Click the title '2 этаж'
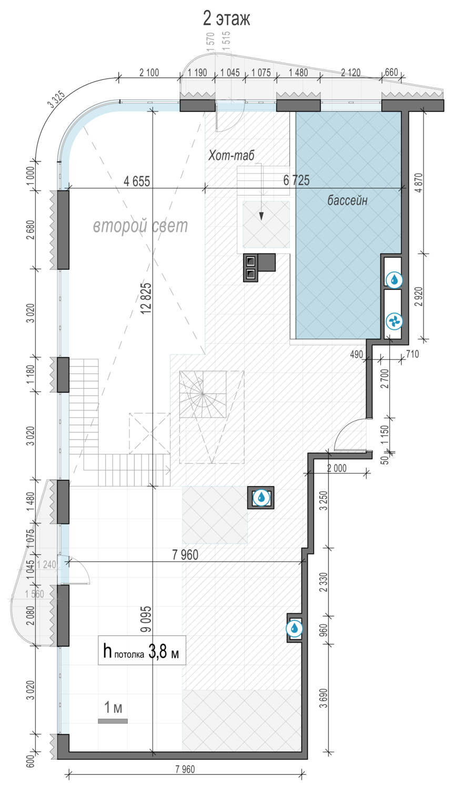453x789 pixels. [x=226, y=19]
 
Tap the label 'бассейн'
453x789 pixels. [x=347, y=200]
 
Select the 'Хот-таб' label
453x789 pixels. [x=231, y=155]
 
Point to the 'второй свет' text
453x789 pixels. [x=140, y=226]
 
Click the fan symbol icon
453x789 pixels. [x=394, y=321]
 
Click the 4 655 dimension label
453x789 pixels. [x=137, y=181]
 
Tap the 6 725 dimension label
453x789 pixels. [x=296, y=180]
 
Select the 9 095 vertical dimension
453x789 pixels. [x=146, y=619]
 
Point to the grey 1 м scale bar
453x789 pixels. [x=113, y=721]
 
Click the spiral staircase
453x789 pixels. [x=203, y=394]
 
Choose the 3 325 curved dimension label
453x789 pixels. [x=56, y=99]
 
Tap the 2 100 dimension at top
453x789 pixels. [x=149, y=73]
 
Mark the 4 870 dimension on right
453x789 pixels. [x=419, y=183]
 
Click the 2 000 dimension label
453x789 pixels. [x=337, y=468]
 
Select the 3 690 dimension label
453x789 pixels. [x=324, y=698]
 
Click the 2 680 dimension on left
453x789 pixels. [x=31, y=230]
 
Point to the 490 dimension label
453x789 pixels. [x=357, y=355]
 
